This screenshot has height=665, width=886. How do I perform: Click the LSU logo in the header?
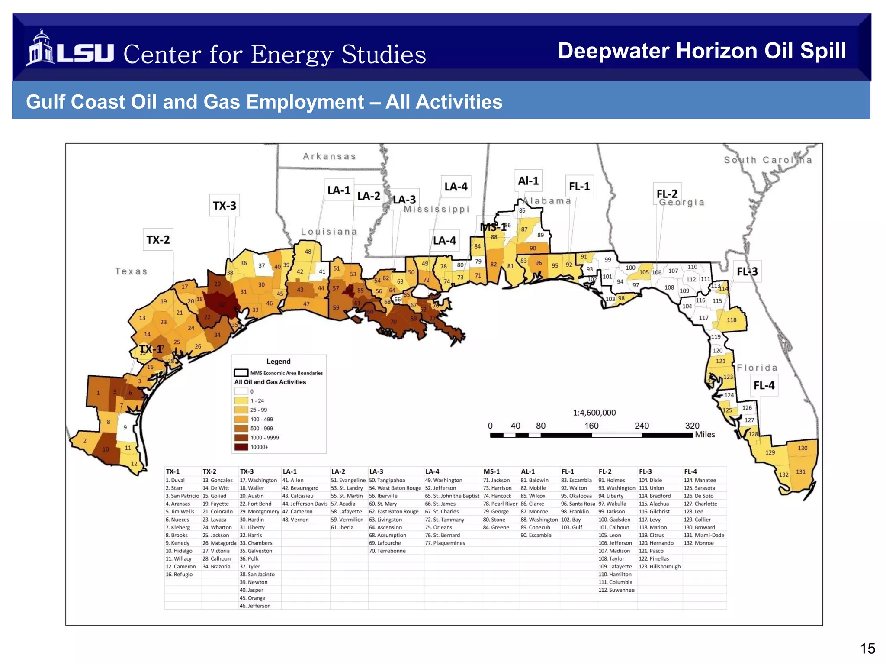click(69, 48)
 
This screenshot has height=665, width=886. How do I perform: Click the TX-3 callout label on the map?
click(225, 206)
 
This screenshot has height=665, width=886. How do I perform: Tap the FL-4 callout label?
click(764, 385)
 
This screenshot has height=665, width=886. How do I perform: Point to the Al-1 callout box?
click(528, 181)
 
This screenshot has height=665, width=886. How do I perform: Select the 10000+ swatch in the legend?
click(241, 447)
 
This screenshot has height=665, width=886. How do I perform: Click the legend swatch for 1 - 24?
click(241, 401)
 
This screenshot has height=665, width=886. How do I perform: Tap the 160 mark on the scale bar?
click(591, 426)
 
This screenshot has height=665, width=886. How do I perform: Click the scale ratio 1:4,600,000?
click(594, 413)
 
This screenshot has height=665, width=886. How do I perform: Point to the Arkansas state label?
click(329, 156)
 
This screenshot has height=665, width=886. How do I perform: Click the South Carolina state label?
click(768, 160)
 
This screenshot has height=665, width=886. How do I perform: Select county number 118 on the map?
click(732, 320)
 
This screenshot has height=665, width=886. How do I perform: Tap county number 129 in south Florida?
click(770, 452)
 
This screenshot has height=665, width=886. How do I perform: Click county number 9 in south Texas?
click(125, 427)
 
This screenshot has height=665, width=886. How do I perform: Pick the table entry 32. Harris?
click(251, 535)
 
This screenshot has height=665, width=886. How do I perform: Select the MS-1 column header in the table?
click(491, 471)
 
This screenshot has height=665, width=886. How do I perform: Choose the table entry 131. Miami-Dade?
click(703, 535)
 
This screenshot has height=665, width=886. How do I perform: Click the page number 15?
click(867, 649)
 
